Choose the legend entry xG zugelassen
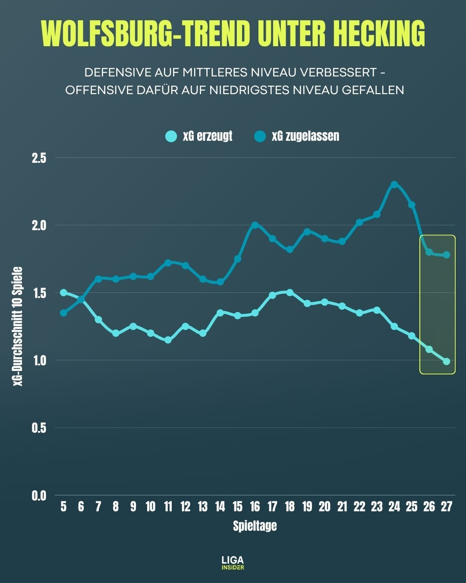(297, 136)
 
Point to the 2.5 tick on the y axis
(39, 158)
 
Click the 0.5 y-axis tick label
(39, 428)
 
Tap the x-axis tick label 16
(255, 507)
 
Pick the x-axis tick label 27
(446, 507)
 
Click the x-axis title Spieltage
(255, 526)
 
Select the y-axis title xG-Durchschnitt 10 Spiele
(18, 326)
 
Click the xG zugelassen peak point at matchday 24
(394, 184)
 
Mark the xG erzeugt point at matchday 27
(447, 361)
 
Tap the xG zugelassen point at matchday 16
(255, 225)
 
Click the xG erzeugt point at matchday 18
(290, 292)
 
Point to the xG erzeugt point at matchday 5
(63, 292)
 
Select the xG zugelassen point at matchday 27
(447, 255)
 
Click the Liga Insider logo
(233, 563)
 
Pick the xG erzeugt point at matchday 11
(168, 340)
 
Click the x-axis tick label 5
(63, 507)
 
